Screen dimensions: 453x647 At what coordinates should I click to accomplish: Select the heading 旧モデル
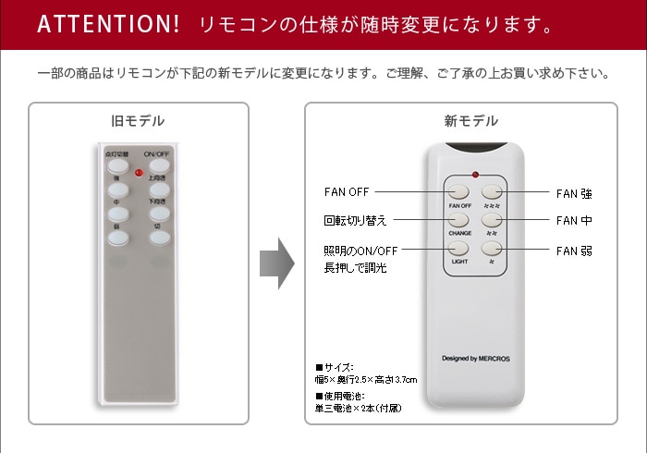138,121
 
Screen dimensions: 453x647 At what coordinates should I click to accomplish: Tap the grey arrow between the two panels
276,263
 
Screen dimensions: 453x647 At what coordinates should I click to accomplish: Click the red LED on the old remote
139,172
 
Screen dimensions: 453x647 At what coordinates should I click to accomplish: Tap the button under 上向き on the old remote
160,189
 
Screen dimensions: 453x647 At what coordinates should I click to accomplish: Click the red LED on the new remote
474,174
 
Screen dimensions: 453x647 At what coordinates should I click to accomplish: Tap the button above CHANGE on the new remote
460,220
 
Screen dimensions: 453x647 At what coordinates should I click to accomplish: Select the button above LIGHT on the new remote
460,249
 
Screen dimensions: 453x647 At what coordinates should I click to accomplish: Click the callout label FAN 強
574,194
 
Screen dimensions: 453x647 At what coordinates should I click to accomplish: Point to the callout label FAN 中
574,221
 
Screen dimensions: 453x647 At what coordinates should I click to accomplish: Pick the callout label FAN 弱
574,251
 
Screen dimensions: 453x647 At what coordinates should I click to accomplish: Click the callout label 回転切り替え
355,221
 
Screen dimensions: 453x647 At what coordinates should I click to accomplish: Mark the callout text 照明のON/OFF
360,251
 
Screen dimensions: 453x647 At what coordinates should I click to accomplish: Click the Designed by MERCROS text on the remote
475,358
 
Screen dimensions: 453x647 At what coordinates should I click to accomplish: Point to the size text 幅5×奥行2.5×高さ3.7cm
366,380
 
